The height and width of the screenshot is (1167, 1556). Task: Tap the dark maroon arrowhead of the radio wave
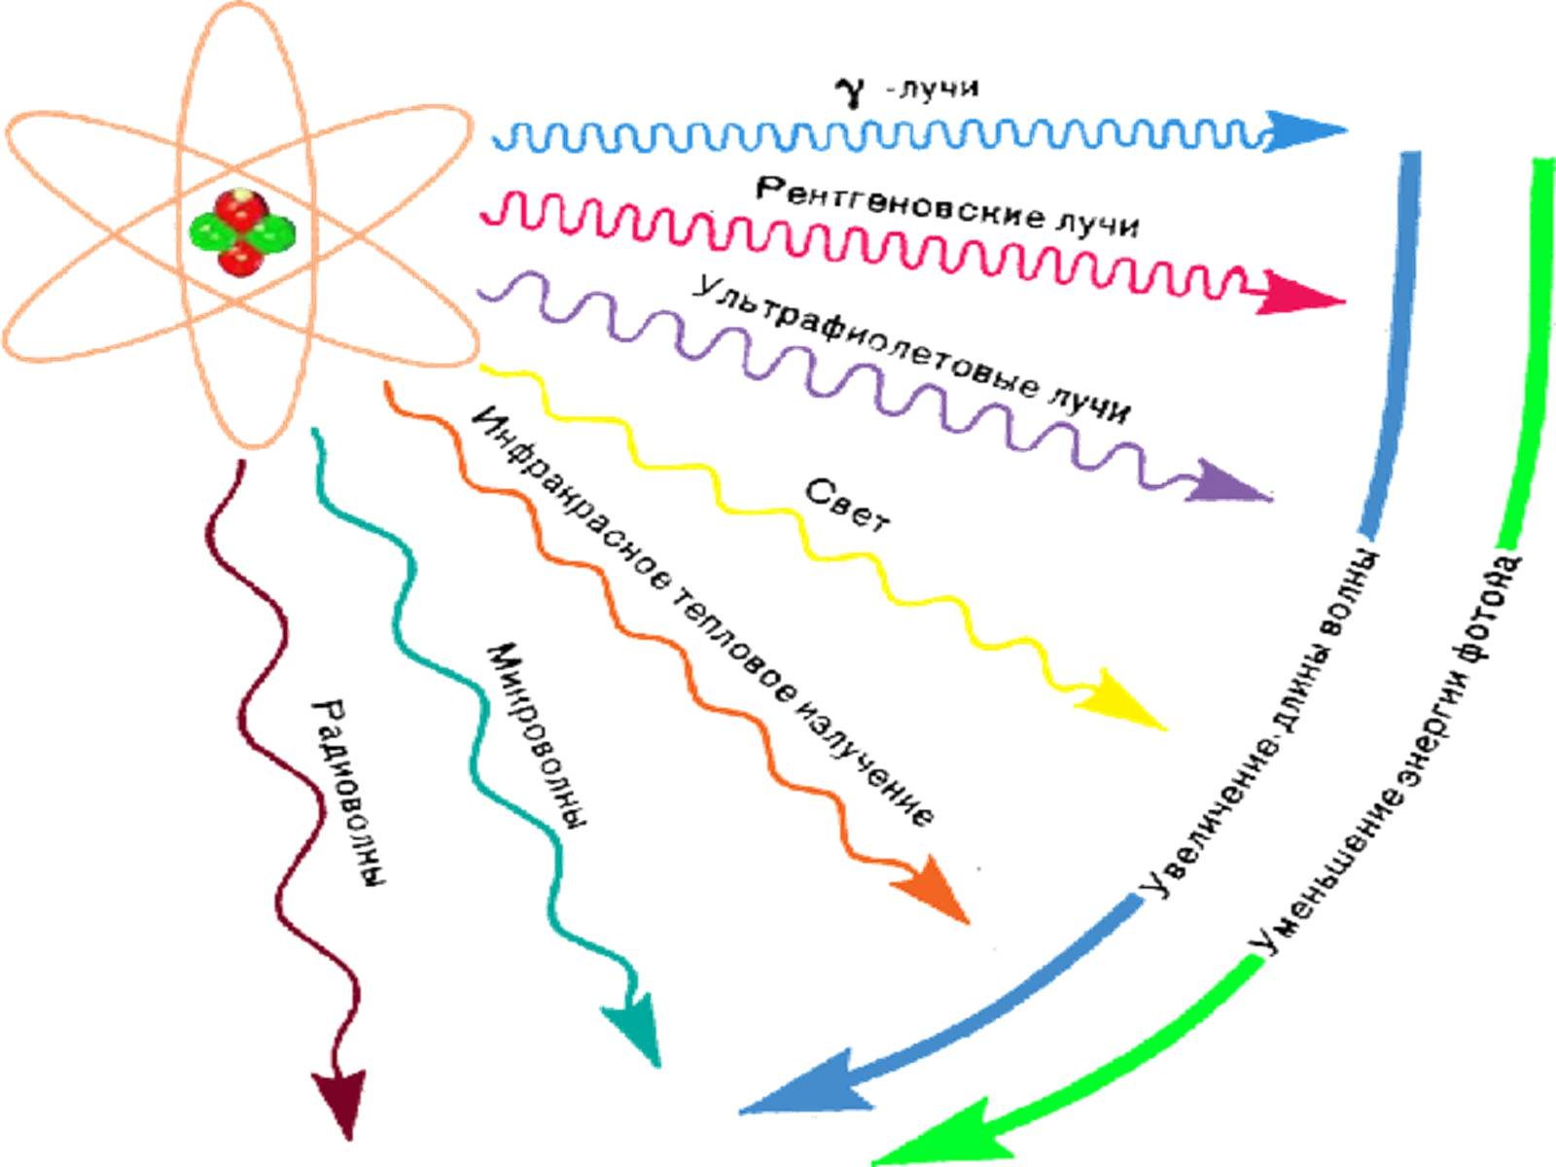click(340, 1099)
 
